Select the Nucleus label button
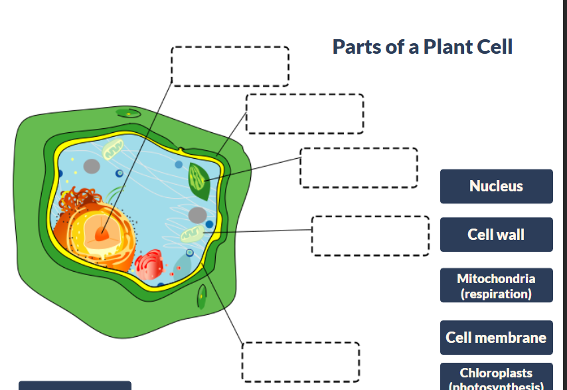[496, 186]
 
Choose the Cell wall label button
[496, 235]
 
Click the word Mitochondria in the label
[496, 278]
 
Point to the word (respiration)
[496, 293]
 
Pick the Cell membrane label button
[496, 338]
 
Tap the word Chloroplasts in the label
[496, 373]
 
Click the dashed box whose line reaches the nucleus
[230, 66]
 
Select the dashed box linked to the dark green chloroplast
[359, 167]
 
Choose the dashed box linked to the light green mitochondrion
[370, 235]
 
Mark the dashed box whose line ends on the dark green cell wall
[304, 114]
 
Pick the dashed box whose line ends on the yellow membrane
[301, 361]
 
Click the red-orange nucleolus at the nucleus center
[102, 233]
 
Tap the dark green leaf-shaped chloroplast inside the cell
[198, 180]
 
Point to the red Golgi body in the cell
[149, 264]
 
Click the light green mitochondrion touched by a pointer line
[193, 233]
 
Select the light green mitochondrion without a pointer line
[113, 149]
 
